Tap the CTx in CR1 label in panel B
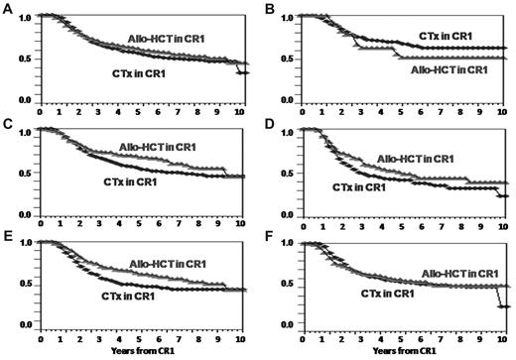[x=445, y=36]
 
